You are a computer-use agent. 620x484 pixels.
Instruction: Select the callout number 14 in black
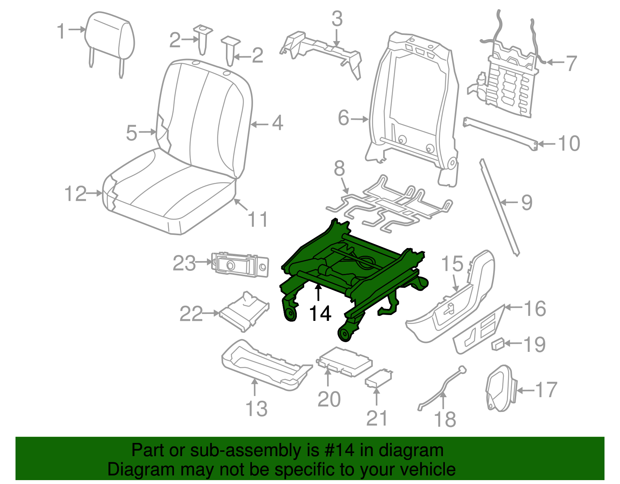point(320,313)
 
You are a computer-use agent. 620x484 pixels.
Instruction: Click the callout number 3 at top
point(337,19)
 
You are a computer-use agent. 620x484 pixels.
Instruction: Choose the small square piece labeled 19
point(498,344)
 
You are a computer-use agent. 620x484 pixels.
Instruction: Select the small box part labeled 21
point(379,378)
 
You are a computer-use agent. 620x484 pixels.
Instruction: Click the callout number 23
point(184,264)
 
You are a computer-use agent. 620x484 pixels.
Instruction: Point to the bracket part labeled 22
point(244,312)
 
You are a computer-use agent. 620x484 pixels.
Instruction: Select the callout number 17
point(546,390)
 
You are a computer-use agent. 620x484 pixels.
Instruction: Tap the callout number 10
point(569,143)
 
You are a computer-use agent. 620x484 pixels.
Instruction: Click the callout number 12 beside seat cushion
point(75,193)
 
